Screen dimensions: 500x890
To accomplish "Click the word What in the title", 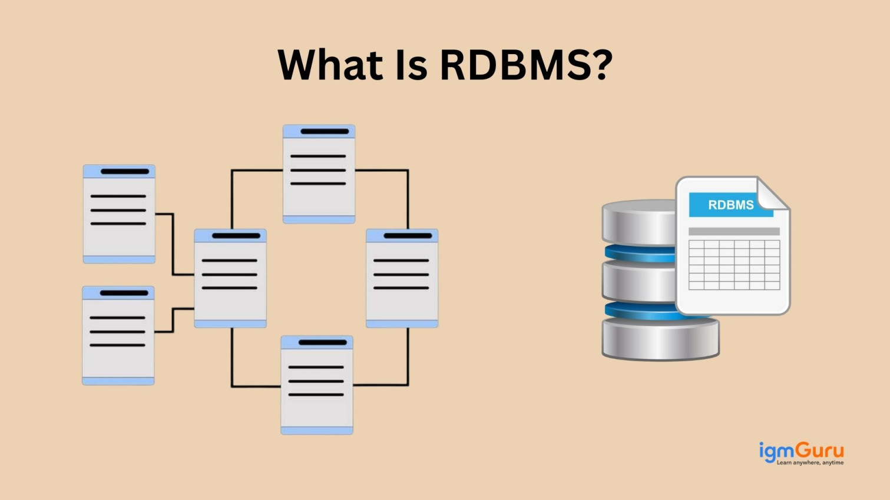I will tap(330, 65).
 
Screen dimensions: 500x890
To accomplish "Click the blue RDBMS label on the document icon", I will tap(730, 205).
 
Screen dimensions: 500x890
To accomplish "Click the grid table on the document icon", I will tap(734, 265).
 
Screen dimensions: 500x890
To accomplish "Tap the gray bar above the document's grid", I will tap(734, 231).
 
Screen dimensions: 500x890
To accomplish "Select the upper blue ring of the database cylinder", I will tap(639, 254).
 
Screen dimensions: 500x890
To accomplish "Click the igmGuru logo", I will tap(801, 451).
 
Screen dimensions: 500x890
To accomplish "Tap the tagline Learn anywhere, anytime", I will tap(810, 463).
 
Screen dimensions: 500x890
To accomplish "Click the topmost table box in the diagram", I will tap(319, 174).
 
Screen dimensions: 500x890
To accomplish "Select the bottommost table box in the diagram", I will tap(317, 385).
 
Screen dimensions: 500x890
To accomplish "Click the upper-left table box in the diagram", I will tap(119, 214).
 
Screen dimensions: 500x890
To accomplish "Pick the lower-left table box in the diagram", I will tap(118, 336).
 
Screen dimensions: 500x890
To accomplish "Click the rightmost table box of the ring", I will tap(402, 278).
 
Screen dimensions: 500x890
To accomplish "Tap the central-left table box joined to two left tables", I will tap(230, 278).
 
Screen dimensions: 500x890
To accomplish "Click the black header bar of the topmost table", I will tap(325, 131).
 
